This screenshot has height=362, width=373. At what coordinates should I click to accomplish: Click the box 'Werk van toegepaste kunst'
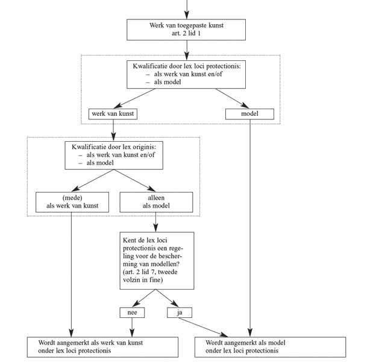186,30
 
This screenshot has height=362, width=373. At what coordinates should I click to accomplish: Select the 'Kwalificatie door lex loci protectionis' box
186,75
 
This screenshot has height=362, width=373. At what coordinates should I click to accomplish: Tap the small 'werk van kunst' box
113,114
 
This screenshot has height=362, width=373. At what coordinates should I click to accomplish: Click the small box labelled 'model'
249,114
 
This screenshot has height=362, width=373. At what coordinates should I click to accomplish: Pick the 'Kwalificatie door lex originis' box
114,155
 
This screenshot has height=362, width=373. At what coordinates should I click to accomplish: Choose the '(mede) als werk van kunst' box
72,202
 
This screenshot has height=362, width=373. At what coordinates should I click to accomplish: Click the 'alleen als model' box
156,202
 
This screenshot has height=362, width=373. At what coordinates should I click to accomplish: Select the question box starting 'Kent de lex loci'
157,261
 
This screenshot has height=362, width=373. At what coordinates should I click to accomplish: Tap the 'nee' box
132,313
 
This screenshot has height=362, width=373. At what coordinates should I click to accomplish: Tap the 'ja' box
180,313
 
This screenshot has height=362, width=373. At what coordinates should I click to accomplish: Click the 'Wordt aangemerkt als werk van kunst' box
102,347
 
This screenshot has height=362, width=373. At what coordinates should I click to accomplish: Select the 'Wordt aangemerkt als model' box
270,347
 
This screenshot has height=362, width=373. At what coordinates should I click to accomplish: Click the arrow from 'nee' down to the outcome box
132,327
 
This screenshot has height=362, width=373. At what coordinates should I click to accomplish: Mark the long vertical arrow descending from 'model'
250,228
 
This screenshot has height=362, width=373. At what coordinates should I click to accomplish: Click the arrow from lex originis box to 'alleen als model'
134,180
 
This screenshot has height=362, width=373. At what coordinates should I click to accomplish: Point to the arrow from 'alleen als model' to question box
156,222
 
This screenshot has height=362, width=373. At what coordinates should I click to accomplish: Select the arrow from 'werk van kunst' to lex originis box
113,130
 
